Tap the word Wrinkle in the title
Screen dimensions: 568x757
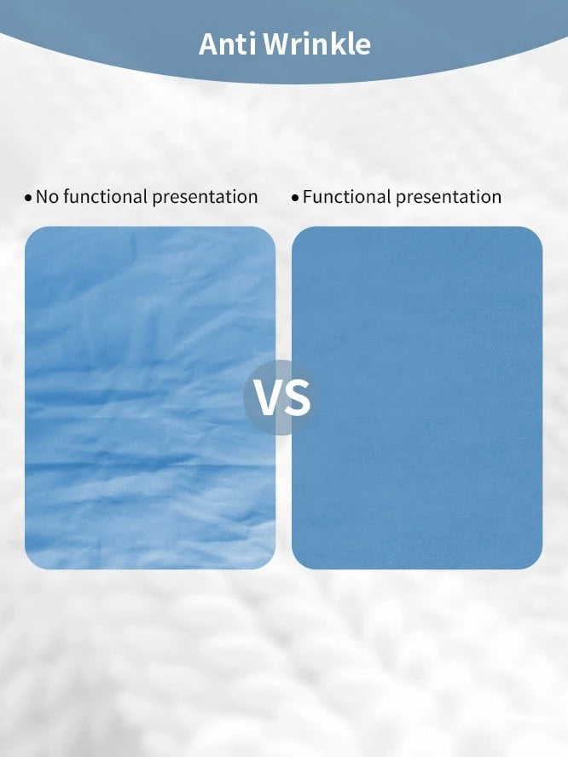coord(318,44)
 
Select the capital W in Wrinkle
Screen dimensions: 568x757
coord(277,44)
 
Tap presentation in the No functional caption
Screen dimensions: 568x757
coord(205,198)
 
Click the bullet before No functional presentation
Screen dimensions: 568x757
coord(28,199)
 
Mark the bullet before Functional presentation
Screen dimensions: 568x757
coord(295,199)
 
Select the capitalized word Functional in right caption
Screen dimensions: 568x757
coord(347,196)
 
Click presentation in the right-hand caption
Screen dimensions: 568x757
coord(449,198)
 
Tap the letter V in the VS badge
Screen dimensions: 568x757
coord(268,398)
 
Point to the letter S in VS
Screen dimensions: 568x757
coord(298,398)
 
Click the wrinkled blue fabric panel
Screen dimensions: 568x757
coord(150,398)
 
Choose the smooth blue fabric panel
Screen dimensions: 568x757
coord(417,398)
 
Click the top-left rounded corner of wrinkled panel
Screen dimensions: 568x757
coord(31,232)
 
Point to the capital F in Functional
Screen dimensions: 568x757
coord(308,197)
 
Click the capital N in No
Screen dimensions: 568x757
coord(42,197)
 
